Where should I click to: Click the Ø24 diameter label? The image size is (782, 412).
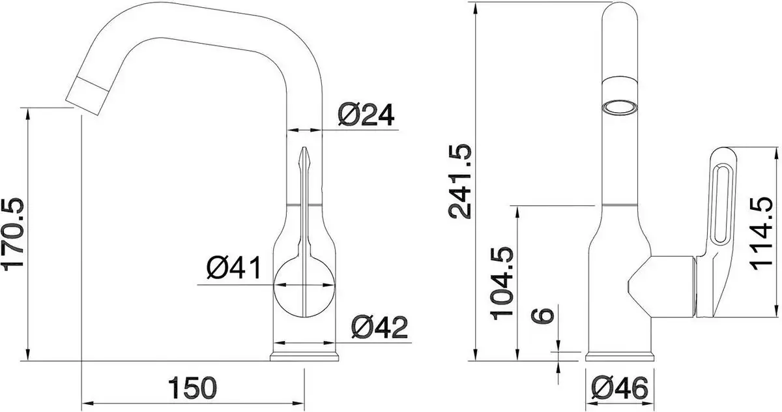pos(366,115)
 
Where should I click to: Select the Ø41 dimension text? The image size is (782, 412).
pos(233,269)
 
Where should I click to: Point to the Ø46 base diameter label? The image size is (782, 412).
pos(620,390)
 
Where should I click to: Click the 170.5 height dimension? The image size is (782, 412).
pos(15,233)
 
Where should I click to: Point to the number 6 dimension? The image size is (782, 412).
pos(545,314)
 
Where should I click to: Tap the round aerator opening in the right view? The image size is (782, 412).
pos(618,108)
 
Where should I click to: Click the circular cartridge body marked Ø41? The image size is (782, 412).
pos(305,286)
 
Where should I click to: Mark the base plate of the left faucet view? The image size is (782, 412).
pos(305,357)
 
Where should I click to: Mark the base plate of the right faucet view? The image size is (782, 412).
pos(620,356)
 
